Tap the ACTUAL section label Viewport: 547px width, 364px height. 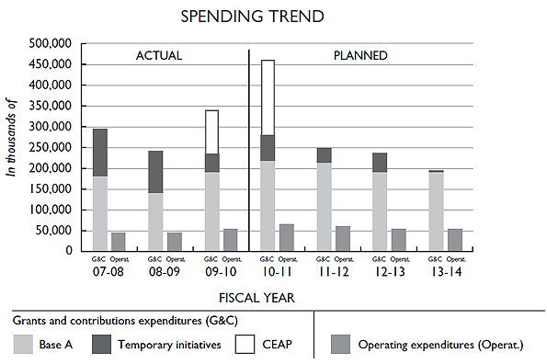pos(159,55)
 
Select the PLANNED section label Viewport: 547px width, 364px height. pos(359,55)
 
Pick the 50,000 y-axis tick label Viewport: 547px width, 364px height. pos(56,230)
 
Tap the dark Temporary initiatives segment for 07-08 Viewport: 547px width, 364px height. pos(99,153)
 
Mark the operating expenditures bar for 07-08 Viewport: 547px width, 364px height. pos(119,241)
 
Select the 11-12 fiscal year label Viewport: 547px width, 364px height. pos(332,273)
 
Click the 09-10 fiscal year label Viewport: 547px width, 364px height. pos(221,273)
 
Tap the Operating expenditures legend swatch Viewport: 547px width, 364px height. pos(341,345)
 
